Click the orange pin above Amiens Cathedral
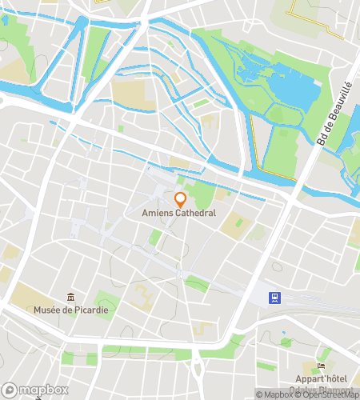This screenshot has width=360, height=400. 180,198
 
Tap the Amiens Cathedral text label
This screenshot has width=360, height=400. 180,214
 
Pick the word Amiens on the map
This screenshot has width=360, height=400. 158,214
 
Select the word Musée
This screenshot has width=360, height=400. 47,309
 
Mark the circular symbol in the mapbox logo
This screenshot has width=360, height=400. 10,390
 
